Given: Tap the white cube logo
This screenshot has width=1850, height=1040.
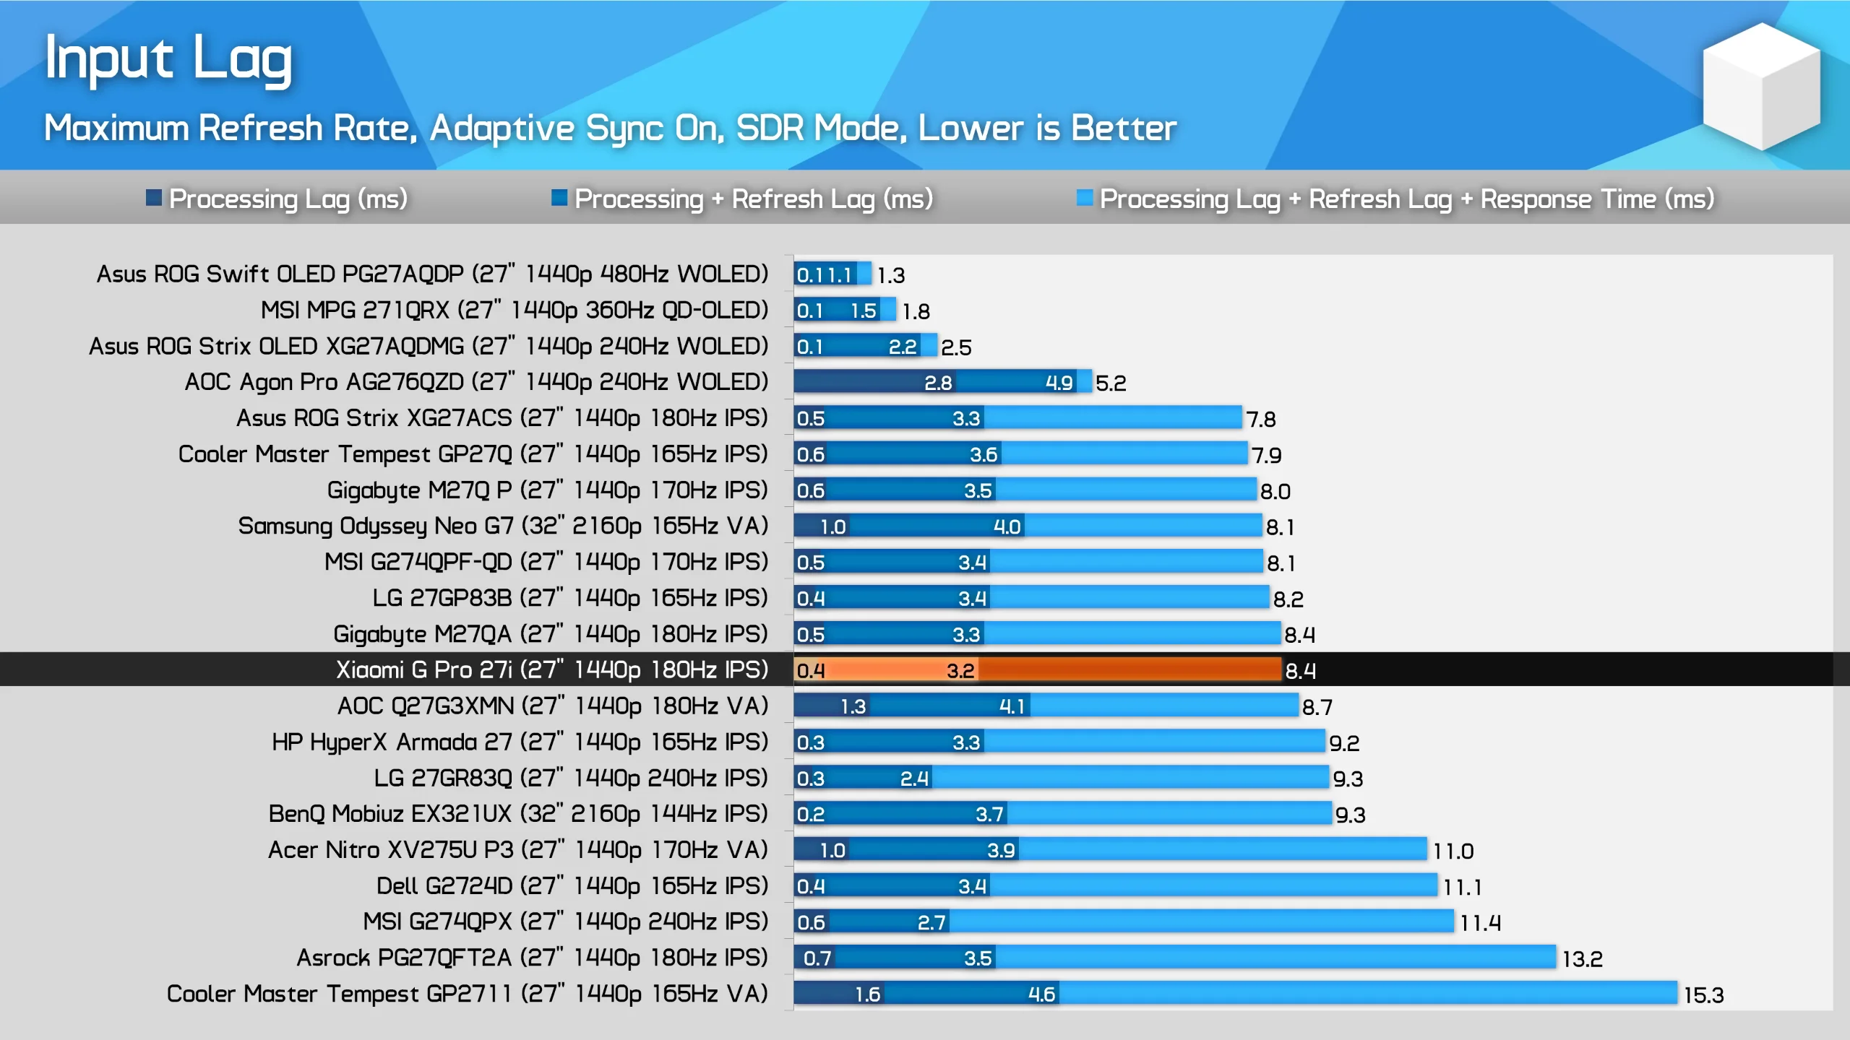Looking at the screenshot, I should click(1761, 87).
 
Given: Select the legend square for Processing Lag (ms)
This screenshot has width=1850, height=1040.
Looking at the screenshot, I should click(153, 198).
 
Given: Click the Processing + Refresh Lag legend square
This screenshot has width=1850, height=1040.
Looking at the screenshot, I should click(559, 198).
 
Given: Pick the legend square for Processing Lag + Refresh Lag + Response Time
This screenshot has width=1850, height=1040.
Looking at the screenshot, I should click(1084, 198).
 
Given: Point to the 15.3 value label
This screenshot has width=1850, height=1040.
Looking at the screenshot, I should click(1703, 995).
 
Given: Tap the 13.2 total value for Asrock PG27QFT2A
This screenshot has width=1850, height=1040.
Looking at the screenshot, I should click(1582, 959).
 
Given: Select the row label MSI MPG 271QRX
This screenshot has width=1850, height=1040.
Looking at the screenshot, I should click(514, 311).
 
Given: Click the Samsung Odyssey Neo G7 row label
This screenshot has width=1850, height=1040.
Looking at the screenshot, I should click(503, 526).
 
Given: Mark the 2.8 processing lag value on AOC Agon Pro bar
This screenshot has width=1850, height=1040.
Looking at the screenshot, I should click(938, 383).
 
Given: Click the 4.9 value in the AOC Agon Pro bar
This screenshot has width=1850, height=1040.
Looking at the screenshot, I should click(1059, 383).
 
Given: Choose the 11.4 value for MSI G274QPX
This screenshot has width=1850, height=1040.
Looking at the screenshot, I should click(1479, 923).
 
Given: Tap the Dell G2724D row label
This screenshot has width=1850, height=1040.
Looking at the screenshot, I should click(572, 886).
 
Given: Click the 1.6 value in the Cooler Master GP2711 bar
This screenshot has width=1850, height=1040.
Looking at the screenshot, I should click(867, 994).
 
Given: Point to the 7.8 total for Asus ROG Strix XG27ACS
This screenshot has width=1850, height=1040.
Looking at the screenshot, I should click(1261, 419).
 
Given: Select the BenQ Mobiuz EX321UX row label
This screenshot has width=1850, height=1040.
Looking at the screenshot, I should click(517, 814).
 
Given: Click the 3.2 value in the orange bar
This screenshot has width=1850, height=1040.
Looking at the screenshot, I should click(960, 670).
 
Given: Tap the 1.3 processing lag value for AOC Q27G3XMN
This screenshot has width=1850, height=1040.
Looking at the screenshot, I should click(853, 706).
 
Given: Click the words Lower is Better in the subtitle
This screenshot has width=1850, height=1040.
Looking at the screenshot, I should click(1047, 129).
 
